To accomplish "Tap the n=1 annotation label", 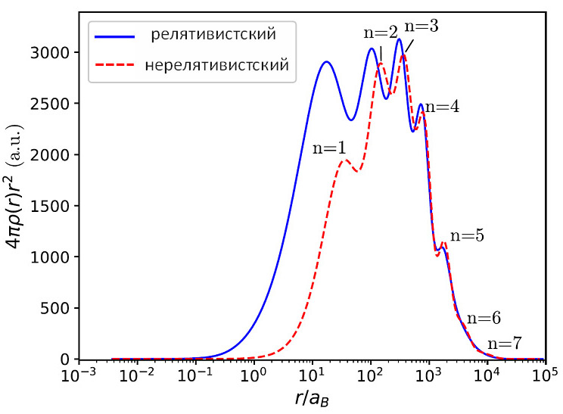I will (328, 148).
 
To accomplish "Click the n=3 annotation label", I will (421, 26).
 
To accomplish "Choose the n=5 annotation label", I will (467, 235).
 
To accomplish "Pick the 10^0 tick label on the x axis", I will (254, 376).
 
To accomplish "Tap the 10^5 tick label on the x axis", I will (546, 376).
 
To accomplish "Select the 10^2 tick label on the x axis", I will (371, 376).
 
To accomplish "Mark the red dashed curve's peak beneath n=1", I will (344, 160).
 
